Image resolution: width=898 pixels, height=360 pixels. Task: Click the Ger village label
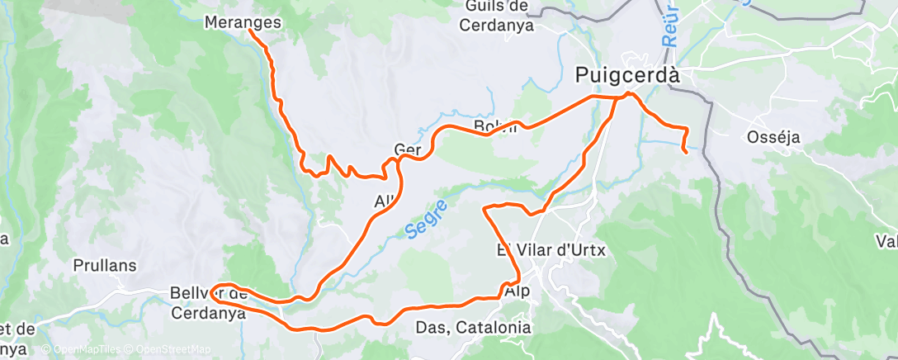(x=409, y=149)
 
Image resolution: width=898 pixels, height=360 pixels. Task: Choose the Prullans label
(x=105, y=266)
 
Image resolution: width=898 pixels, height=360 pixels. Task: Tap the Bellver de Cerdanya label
(x=208, y=303)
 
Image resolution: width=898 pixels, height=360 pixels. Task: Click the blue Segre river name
(x=427, y=219)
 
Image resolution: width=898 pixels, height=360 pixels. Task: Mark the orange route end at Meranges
(x=250, y=32)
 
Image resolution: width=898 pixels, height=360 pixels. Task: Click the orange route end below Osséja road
(x=686, y=152)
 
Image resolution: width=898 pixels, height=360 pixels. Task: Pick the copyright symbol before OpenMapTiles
(x=46, y=350)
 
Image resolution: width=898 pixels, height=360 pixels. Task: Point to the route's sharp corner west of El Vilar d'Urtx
(x=484, y=207)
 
